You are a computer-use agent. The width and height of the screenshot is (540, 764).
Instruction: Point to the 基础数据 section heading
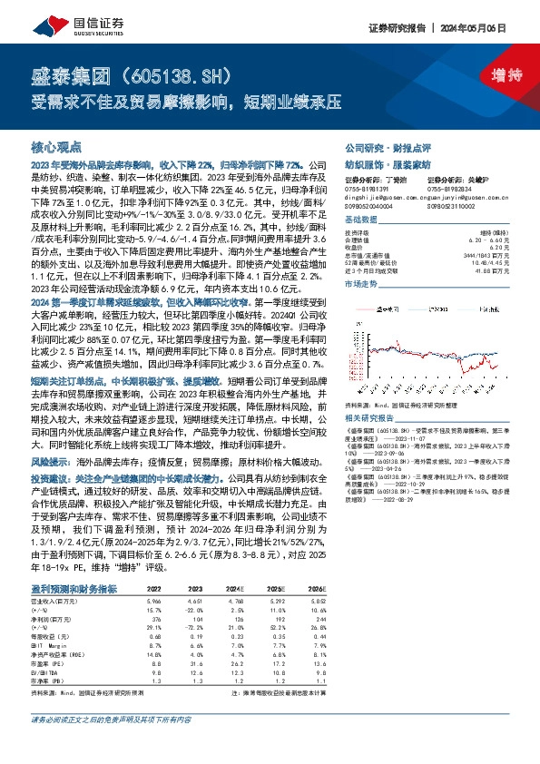click(x=360, y=220)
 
